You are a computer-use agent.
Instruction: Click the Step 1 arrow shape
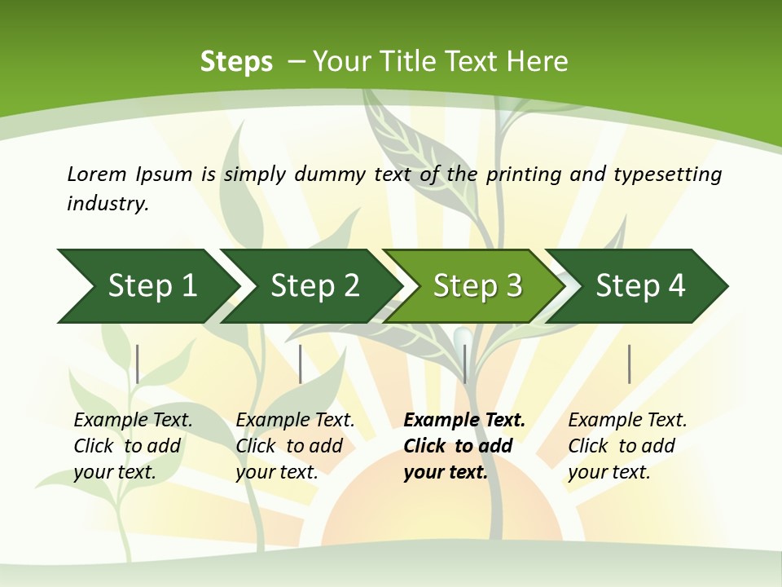(147, 286)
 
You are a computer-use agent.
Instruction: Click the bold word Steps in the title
(236, 62)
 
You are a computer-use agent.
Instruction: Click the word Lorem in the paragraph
(96, 174)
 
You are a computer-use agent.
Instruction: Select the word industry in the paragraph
(107, 203)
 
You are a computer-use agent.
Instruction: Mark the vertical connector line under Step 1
(138, 364)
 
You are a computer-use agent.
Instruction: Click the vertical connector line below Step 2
(301, 364)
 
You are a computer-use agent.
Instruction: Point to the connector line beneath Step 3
(465, 364)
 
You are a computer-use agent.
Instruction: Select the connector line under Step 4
(630, 364)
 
